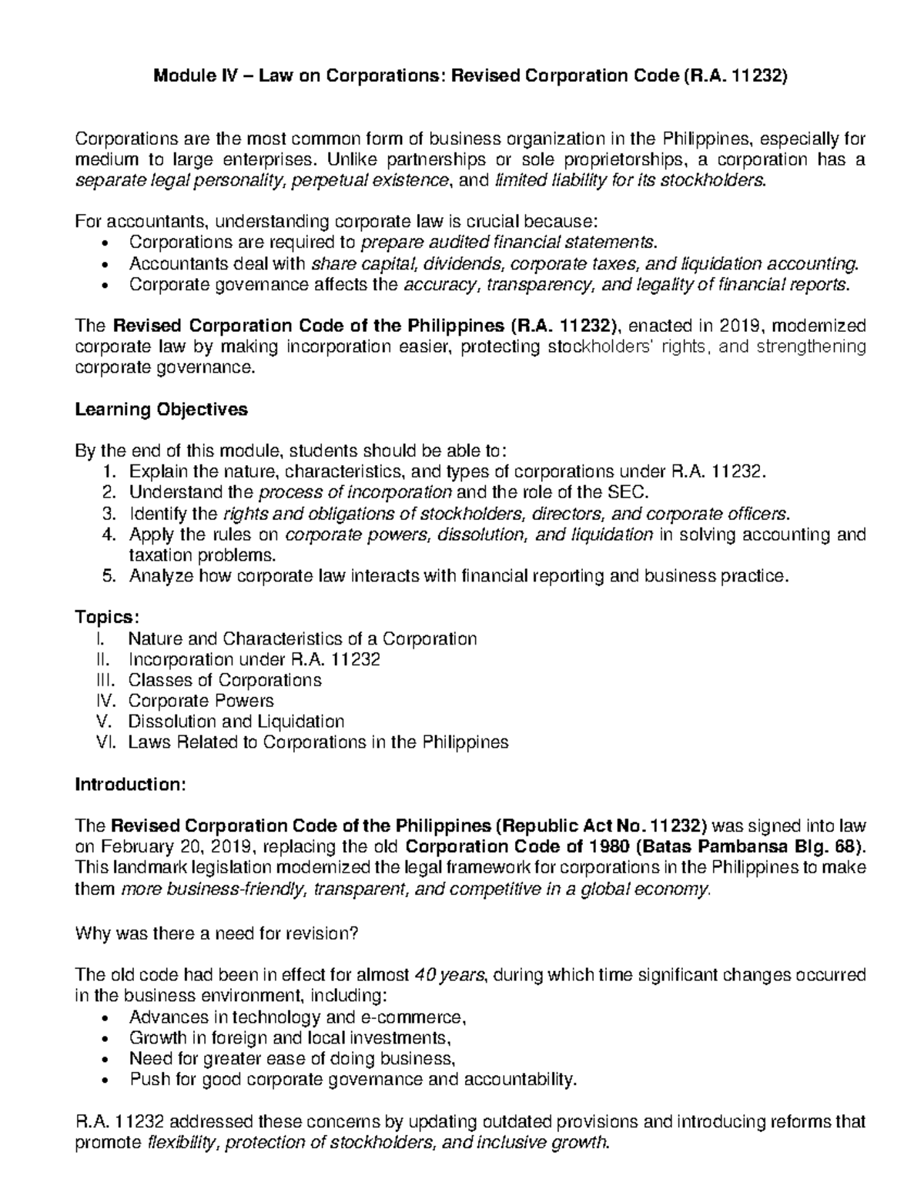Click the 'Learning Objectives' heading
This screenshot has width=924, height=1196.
click(161, 410)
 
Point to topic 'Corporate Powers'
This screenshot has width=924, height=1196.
click(200, 701)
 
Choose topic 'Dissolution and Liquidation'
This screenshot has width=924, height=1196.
click(236, 722)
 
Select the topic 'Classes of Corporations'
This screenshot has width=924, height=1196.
click(225, 680)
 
